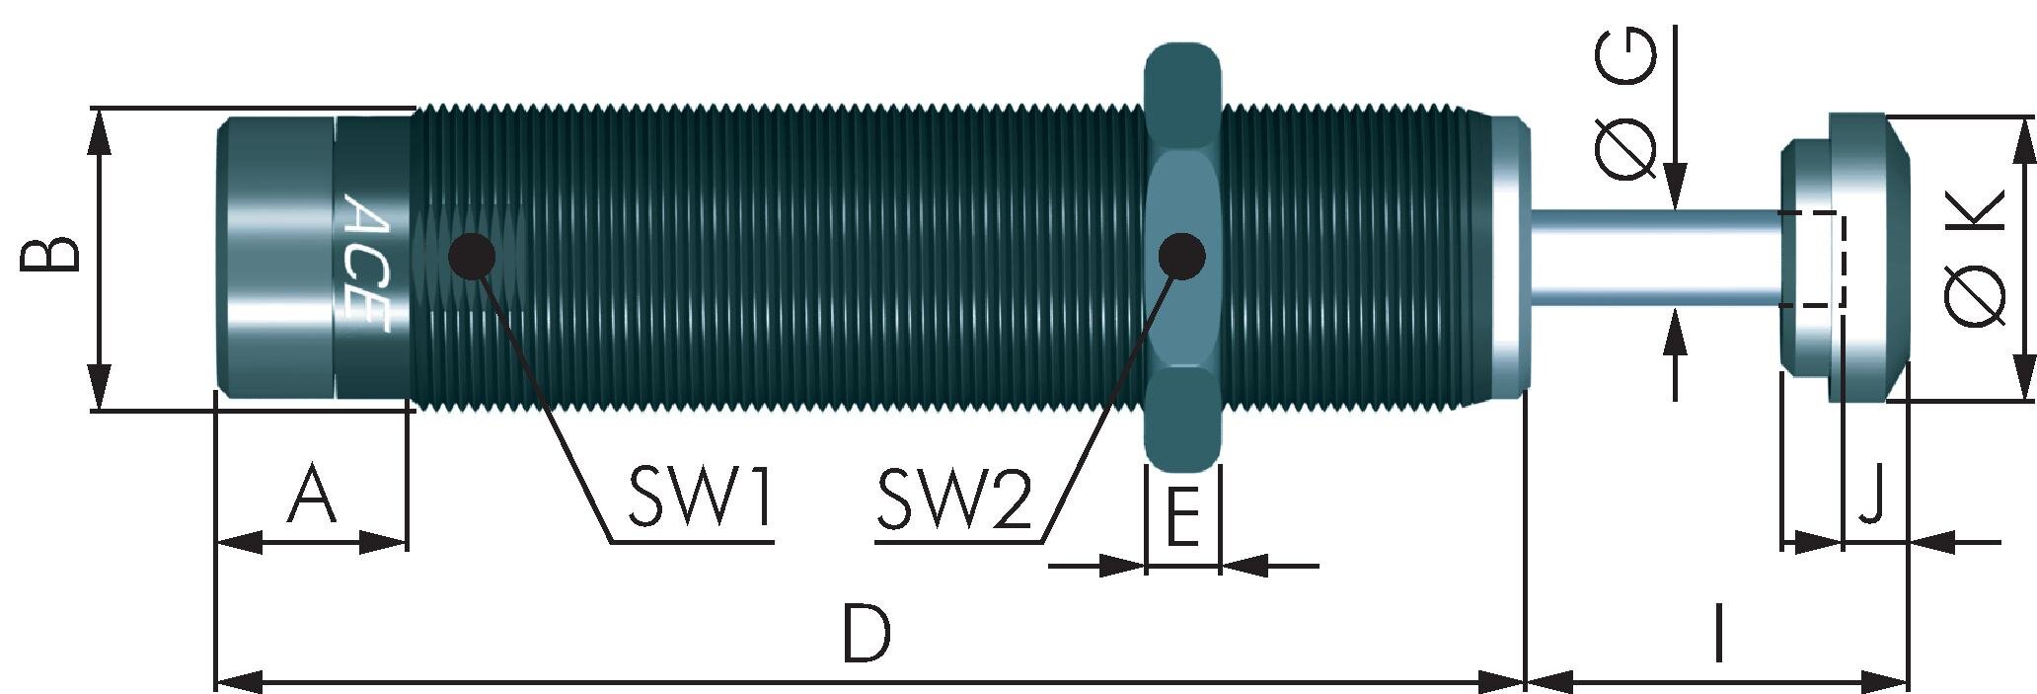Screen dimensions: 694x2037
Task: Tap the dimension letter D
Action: tap(867, 635)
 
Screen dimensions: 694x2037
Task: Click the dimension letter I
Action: tap(1718, 635)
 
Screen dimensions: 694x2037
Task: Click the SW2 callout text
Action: tap(954, 499)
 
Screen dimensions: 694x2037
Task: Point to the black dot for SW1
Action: tap(471, 256)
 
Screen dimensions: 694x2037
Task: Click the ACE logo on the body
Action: tap(366, 262)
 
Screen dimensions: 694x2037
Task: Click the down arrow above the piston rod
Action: tap(1675, 187)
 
